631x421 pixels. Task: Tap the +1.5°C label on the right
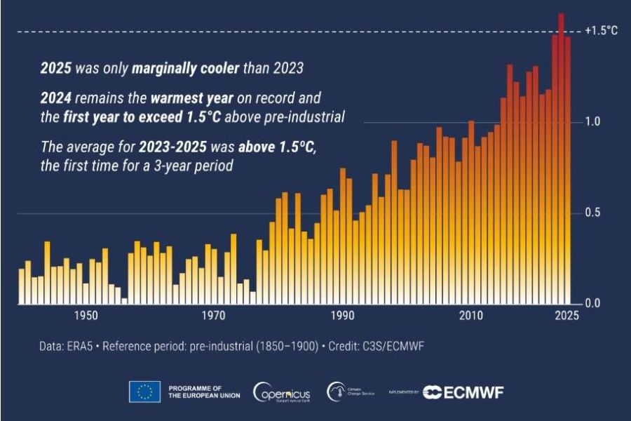[x=602, y=32]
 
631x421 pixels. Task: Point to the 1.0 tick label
[x=594, y=122]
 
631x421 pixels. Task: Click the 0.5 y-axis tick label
[x=594, y=213]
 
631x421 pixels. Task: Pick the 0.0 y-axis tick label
[x=594, y=304]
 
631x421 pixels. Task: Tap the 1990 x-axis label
[x=343, y=316]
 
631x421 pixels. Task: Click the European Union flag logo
[x=144, y=392]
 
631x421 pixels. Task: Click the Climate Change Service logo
[x=351, y=392]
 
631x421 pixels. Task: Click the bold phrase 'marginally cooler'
[x=193, y=68]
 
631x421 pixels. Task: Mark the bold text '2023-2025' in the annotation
[x=178, y=147]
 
